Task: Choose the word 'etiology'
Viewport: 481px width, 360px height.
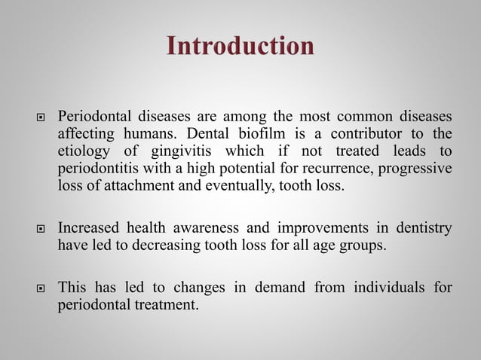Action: [x=82, y=151]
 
